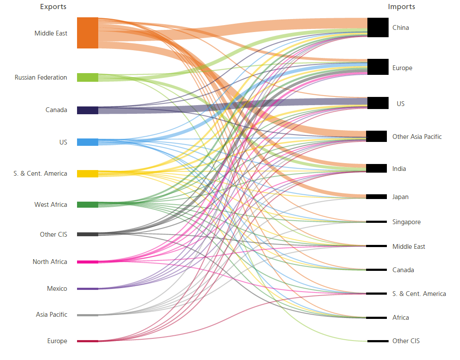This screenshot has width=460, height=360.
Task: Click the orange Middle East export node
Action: (x=87, y=33)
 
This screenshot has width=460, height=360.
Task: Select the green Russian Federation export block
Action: (x=87, y=77)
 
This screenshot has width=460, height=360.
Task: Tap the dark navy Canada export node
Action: (x=87, y=110)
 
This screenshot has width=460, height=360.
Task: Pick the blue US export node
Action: (x=87, y=142)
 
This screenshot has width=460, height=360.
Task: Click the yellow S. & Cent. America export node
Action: (x=87, y=174)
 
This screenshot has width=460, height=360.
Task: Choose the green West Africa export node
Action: (x=87, y=205)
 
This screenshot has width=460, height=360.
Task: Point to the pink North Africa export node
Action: (x=87, y=262)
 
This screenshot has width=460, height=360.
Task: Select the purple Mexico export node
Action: (x=87, y=289)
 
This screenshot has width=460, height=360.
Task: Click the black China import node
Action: (x=377, y=28)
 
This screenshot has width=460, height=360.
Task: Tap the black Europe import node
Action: (x=377, y=67)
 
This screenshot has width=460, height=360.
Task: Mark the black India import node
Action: (x=376, y=168)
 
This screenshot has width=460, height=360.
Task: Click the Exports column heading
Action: (x=53, y=7)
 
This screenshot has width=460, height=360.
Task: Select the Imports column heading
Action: (x=401, y=7)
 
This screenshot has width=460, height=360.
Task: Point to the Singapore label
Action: (x=406, y=222)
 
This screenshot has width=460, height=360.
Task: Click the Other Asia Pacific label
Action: (x=417, y=137)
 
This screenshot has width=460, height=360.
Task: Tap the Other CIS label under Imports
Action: (x=406, y=341)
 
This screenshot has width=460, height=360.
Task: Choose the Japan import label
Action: (x=400, y=197)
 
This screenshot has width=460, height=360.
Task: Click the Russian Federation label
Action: (x=41, y=77)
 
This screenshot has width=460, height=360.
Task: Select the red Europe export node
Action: (x=87, y=341)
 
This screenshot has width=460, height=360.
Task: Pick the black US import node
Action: (x=377, y=103)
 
